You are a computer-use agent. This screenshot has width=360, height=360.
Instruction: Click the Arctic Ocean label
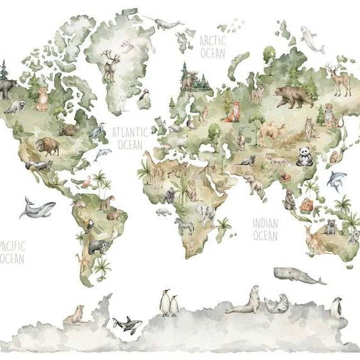coord(212,47)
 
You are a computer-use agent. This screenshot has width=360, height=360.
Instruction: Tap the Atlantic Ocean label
coord(130,138)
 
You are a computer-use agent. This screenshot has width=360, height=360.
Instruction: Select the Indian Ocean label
coord(265,229)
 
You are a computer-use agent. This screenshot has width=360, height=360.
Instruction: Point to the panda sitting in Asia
coord(304,156)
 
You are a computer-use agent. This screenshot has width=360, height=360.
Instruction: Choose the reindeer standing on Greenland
coord(110,65)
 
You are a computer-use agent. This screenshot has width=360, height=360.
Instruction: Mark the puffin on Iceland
coord(142,97)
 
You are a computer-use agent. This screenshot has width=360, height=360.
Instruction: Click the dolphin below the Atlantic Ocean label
coord(102,154)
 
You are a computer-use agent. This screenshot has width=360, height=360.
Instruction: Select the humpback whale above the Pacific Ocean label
coord(36,207)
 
